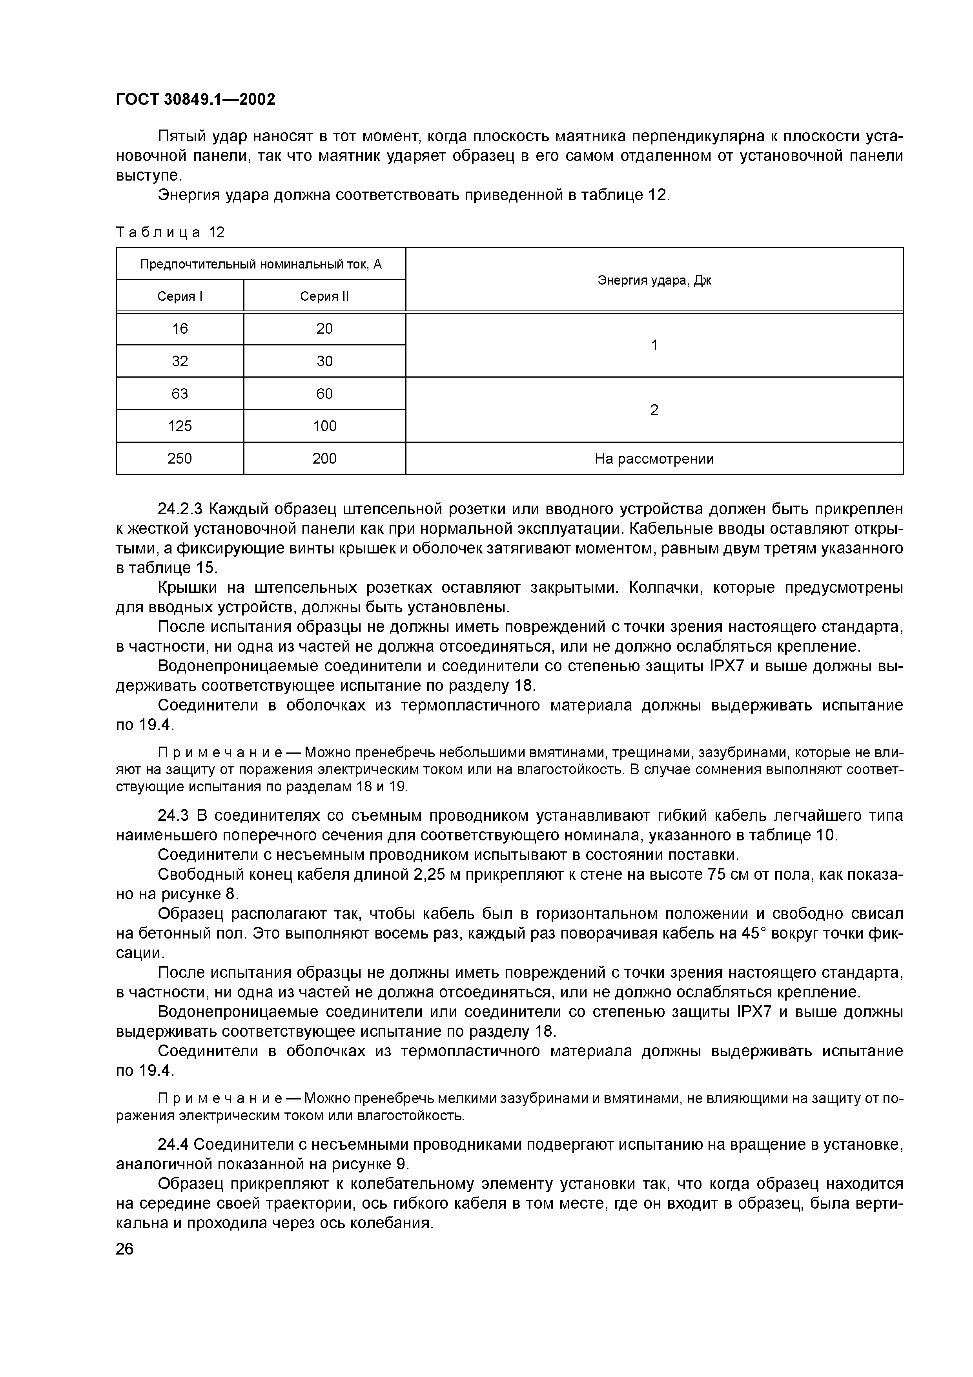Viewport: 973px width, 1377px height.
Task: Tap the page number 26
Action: pos(125,1249)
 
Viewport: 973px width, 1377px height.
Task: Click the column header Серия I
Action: pos(180,296)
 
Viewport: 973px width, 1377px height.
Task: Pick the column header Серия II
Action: pos(324,296)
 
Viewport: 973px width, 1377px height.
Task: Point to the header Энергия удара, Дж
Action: pos(654,280)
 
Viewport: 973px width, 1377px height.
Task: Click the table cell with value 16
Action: pos(180,329)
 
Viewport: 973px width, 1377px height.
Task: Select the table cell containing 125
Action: pos(180,426)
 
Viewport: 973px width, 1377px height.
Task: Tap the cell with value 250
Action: pos(180,459)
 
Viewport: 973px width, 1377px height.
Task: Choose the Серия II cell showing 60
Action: pos(324,393)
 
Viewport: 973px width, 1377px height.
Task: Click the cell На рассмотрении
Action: pos(654,459)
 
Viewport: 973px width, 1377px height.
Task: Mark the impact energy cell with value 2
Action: pos(654,410)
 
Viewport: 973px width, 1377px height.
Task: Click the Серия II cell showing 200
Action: pos(324,459)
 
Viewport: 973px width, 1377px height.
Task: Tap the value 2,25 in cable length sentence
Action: pos(429,875)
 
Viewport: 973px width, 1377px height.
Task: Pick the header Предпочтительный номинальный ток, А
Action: pos(261,264)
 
